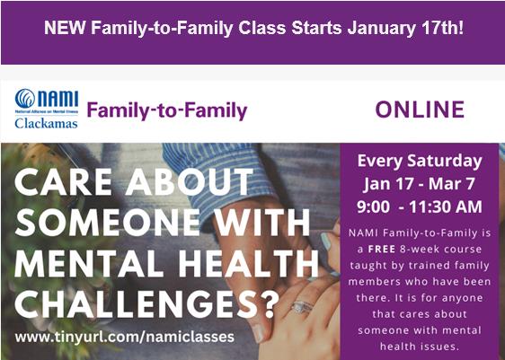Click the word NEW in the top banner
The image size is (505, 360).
(x=65, y=28)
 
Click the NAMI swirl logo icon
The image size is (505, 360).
(x=25, y=99)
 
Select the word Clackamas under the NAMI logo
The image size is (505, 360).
(x=46, y=124)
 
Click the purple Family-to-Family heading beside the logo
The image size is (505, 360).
(x=167, y=110)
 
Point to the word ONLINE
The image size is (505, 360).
(x=420, y=110)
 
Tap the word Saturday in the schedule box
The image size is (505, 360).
(x=445, y=162)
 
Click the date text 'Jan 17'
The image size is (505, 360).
(x=388, y=184)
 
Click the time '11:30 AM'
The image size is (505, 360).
(x=446, y=206)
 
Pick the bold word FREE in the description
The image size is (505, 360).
(x=382, y=249)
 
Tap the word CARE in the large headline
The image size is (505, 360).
(x=63, y=181)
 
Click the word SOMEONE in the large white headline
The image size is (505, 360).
(x=107, y=222)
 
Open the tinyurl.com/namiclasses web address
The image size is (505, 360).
(x=125, y=338)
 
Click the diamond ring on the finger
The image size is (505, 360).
(x=302, y=307)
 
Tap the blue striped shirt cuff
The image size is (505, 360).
(x=219, y=180)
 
